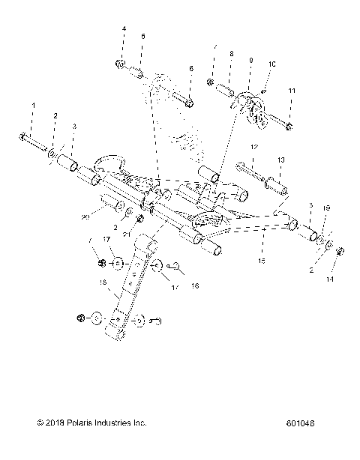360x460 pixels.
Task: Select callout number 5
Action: tap(142, 36)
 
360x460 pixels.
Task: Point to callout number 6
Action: tap(191, 68)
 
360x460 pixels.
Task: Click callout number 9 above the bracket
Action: tap(250, 59)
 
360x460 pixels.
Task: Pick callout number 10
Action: tap(271, 64)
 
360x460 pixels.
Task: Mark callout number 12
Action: tap(254, 148)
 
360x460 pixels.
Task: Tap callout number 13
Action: tap(281, 160)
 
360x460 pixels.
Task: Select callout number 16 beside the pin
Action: tap(196, 285)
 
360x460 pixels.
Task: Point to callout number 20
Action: tap(85, 217)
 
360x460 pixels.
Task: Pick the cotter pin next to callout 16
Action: tap(176, 264)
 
